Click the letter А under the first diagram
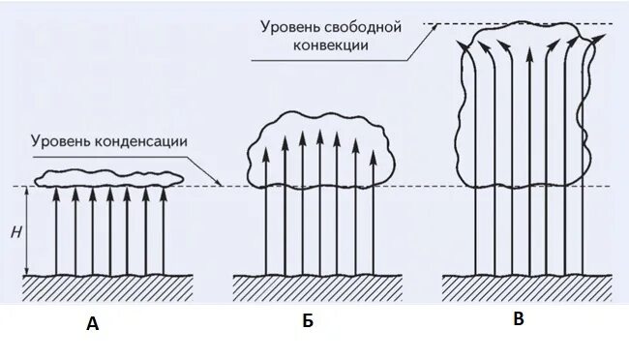[x=93, y=325]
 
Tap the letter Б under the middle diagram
[x=308, y=322]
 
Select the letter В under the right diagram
[x=519, y=319]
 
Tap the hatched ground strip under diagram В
[x=526, y=286]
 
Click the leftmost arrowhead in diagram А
[x=55, y=193]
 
